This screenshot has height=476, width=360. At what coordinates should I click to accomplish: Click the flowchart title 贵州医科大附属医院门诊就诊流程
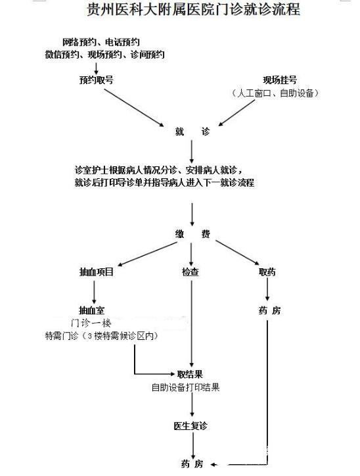pos(194,9)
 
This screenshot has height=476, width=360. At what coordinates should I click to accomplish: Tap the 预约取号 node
pos(96,80)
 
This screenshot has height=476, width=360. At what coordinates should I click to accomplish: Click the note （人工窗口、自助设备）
pos(275,93)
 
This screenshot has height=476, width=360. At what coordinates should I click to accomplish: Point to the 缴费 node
pos(192,234)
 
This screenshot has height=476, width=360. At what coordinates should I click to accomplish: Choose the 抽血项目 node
pos(96,272)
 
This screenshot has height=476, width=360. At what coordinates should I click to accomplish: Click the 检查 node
pos(191,272)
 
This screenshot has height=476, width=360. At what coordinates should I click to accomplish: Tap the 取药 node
pos(267,272)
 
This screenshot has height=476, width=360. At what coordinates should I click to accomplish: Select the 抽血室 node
pos(91,310)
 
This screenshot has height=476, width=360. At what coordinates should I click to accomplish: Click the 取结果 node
pos(190,374)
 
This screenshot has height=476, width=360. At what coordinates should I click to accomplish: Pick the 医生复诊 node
pos(191,426)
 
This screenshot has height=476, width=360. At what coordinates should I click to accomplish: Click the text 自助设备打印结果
pos(186,387)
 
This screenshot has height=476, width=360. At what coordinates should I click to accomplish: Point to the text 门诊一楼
pos(91,323)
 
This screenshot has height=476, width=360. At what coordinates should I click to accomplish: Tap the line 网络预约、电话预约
pos(101,42)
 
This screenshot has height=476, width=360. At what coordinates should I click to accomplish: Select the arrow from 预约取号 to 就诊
pos(134,108)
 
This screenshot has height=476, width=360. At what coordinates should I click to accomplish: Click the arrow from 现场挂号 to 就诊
pos(236,112)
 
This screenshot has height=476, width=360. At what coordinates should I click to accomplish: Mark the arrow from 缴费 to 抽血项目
pos(147,254)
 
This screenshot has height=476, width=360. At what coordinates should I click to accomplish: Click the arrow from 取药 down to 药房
pos(267,289)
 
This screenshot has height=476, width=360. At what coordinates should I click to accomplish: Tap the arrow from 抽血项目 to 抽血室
pos(94,292)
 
